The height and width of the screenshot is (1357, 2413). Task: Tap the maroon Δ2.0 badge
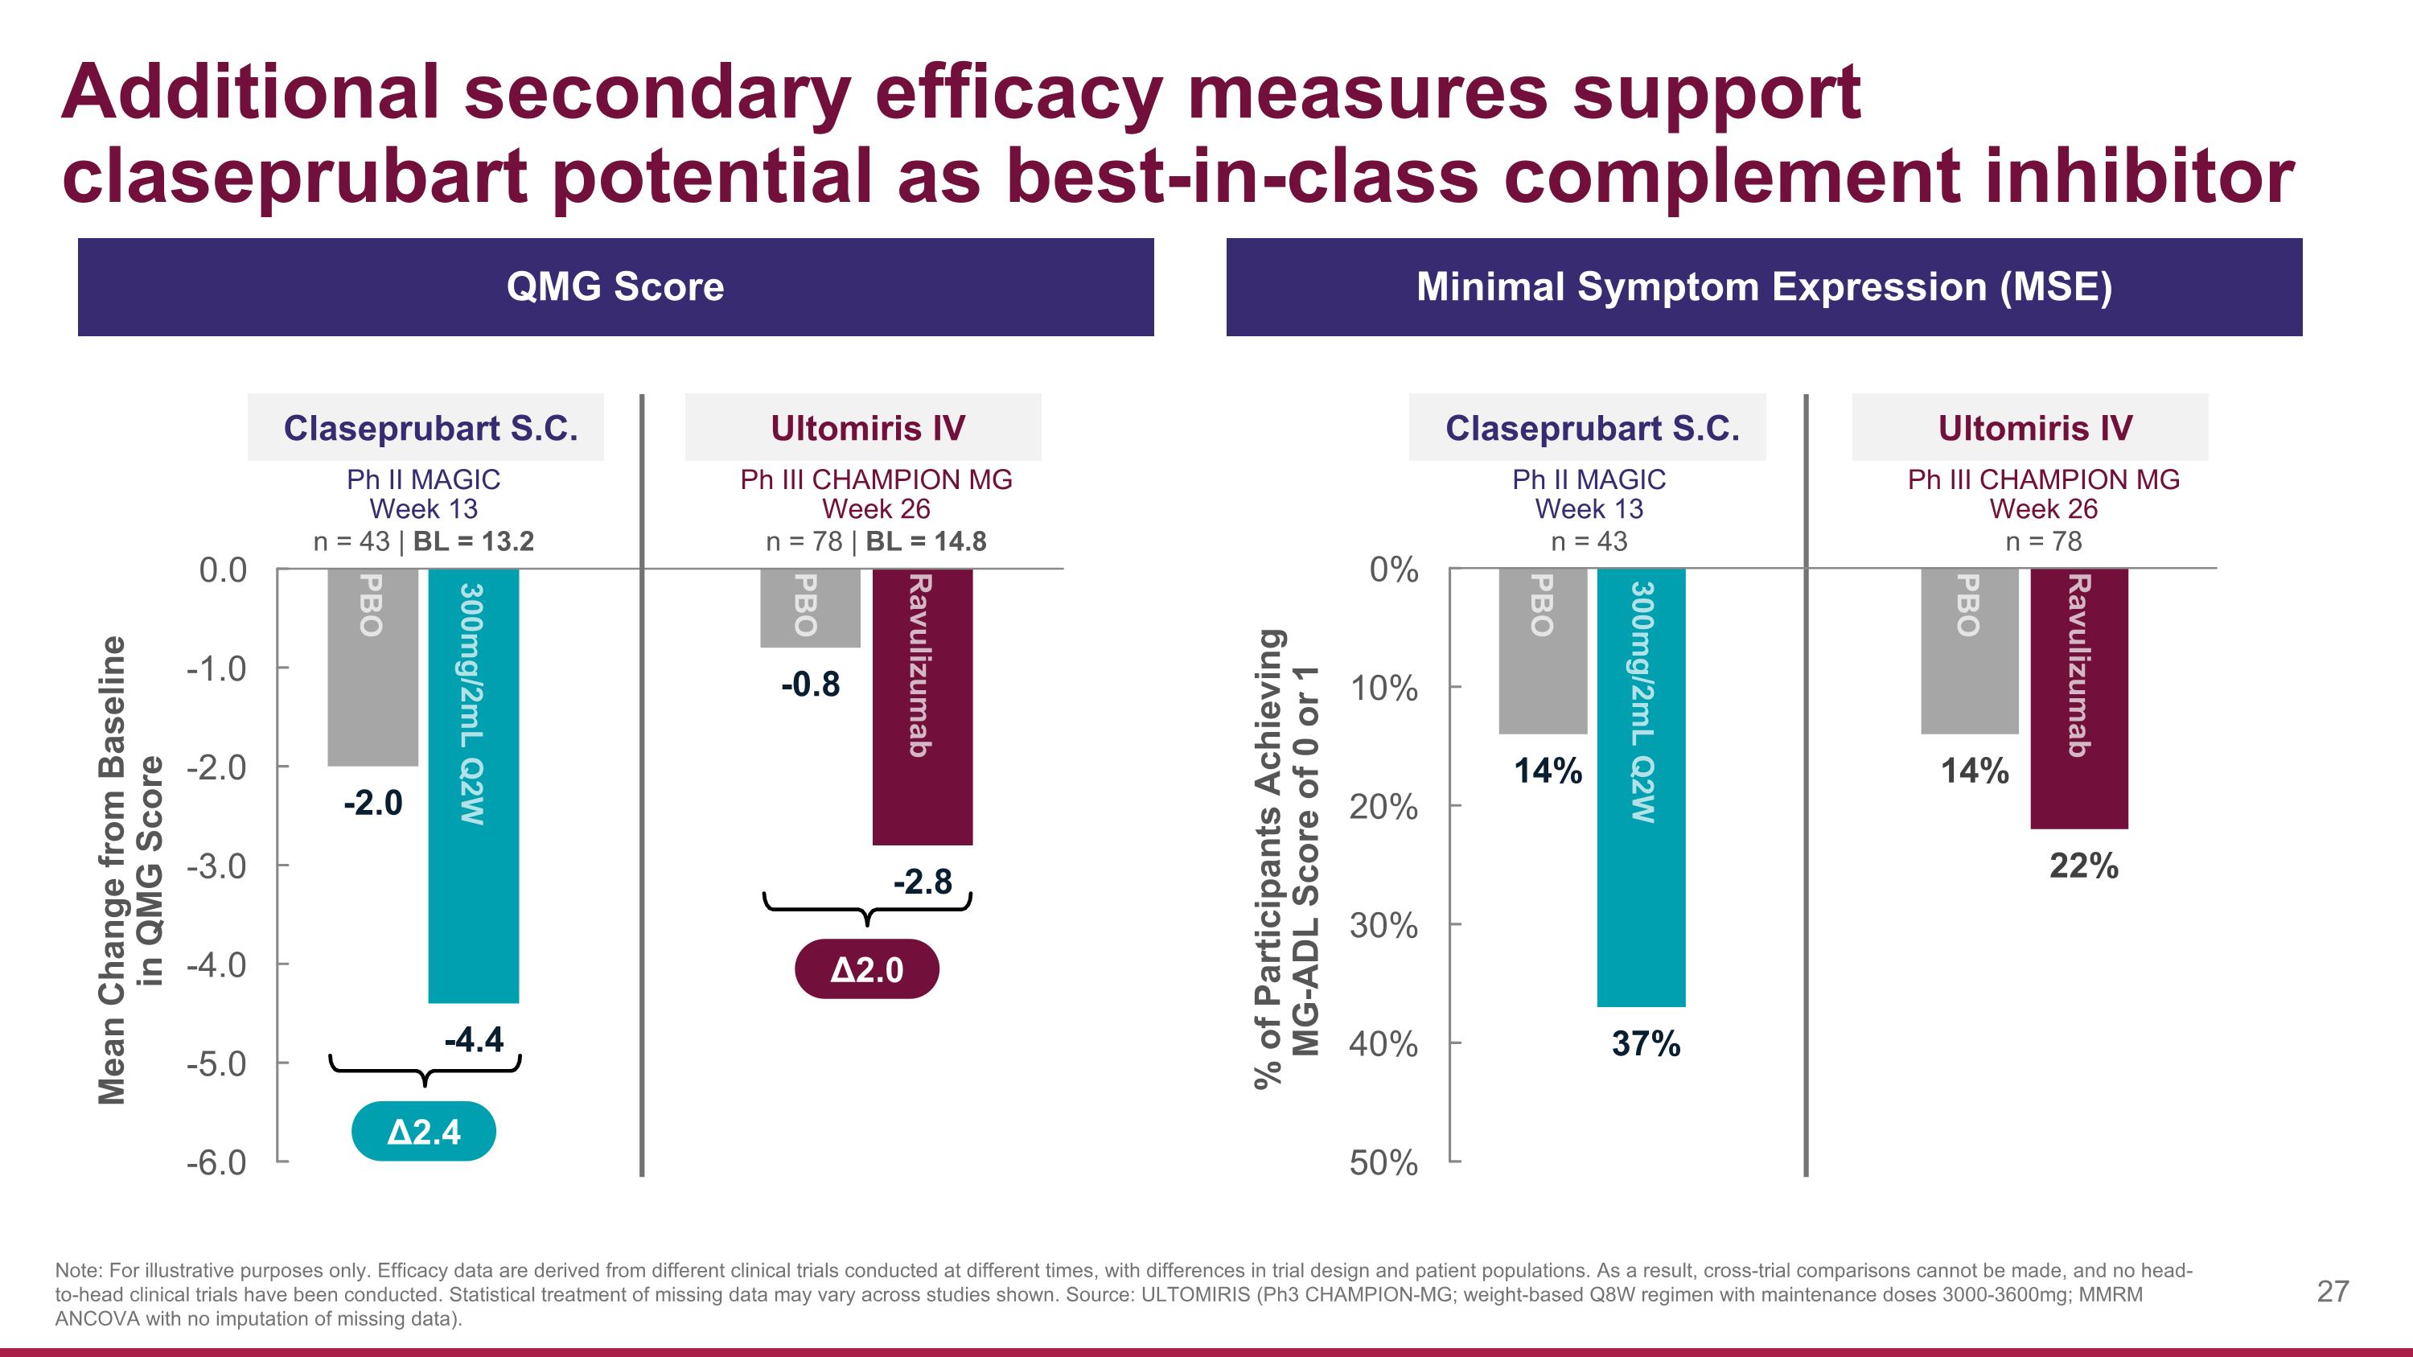point(866,969)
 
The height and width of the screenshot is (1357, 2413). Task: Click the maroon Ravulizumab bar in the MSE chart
point(2078,697)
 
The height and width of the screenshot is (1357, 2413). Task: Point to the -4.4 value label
point(474,1039)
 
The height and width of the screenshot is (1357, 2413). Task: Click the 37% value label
point(1646,1043)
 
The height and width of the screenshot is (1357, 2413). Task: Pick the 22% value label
point(2083,866)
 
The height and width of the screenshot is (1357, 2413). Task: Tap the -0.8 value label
point(810,685)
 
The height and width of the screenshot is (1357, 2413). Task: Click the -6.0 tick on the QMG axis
point(216,1163)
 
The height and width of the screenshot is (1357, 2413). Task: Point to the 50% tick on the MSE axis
point(1383,1163)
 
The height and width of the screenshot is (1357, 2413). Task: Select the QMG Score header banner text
point(615,286)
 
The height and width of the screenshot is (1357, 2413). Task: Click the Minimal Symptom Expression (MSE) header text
point(1764,286)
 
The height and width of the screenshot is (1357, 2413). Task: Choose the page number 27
point(2333,1292)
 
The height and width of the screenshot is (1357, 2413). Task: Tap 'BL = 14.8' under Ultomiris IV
point(926,541)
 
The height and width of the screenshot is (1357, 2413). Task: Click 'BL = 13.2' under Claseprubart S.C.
point(474,541)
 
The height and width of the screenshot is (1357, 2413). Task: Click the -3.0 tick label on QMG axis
point(216,866)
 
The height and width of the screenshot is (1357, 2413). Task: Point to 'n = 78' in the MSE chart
point(2043,541)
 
